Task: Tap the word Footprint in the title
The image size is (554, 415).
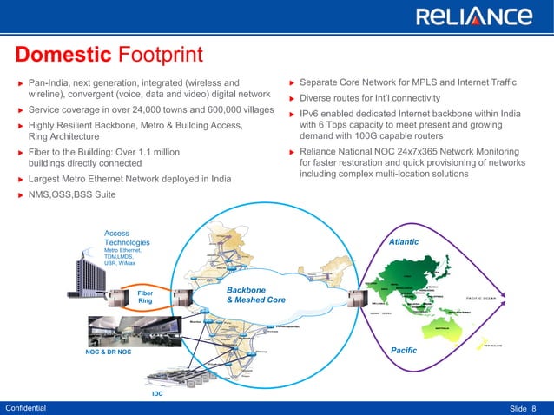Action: click(160, 56)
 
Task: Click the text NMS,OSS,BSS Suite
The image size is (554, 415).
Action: click(71, 194)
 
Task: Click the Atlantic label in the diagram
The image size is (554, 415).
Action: click(404, 242)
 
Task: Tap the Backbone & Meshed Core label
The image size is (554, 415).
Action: click(254, 295)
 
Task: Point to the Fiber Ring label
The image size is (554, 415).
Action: click(146, 298)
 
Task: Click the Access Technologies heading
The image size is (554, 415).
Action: click(127, 238)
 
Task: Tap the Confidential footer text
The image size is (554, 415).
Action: click(27, 407)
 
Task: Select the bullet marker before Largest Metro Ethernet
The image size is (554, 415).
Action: click(19, 180)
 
